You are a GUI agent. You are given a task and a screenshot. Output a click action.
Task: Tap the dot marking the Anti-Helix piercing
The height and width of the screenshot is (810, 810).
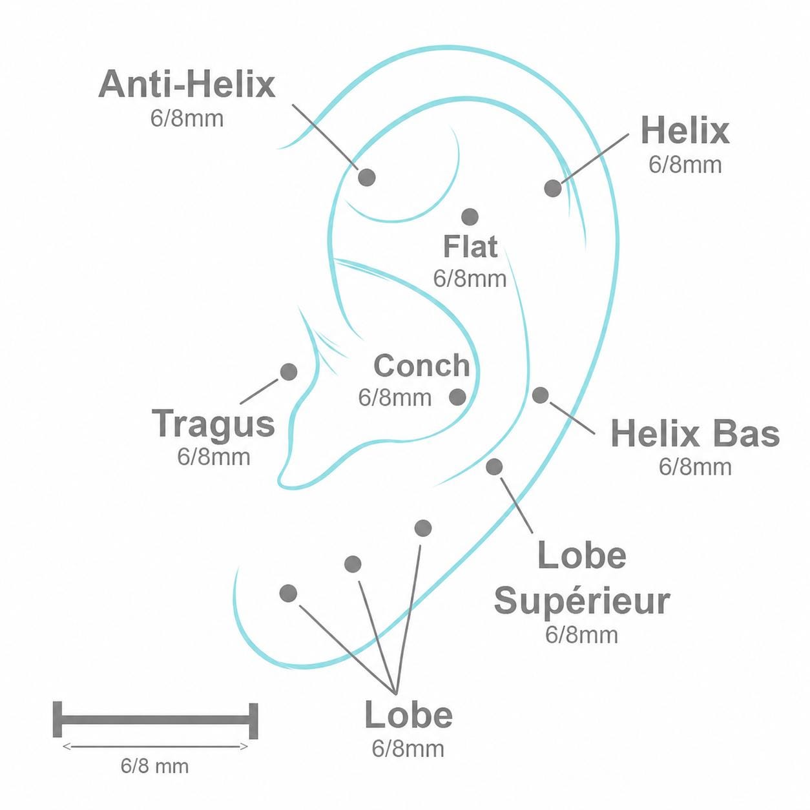[x=366, y=177]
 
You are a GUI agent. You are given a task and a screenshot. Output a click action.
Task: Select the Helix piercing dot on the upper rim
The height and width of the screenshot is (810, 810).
[x=553, y=188]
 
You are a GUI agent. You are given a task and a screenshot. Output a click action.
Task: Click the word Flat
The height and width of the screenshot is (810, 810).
[x=470, y=247]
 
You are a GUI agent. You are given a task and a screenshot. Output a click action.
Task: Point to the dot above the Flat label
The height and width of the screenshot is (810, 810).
[x=470, y=217]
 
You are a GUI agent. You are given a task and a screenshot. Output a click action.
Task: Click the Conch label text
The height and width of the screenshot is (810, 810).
[x=422, y=366]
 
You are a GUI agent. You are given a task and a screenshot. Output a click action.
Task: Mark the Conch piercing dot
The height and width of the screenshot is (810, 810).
[x=458, y=397]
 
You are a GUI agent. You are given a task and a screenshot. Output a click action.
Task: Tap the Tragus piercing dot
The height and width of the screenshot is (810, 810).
[x=289, y=371]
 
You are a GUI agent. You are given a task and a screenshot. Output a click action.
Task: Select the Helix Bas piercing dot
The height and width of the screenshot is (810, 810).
[x=541, y=395]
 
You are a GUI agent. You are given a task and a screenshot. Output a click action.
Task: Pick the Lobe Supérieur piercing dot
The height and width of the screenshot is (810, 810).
[x=494, y=466]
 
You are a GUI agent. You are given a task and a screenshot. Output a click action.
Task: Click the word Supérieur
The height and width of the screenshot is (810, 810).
[x=582, y=603]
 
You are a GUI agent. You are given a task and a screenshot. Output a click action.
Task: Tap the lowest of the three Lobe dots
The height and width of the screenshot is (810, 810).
[x=288, y=593]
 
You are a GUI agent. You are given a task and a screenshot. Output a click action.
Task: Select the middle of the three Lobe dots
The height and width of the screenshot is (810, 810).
[x=353, y=564]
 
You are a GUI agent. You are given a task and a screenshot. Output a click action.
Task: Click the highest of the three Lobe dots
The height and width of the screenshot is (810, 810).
[x=423, y=528]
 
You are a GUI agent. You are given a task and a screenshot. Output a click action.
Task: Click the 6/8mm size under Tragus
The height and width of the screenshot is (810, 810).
[x=214, y=457]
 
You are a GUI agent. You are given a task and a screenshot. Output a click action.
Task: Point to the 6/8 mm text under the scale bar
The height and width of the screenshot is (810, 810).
[x=154, y=766]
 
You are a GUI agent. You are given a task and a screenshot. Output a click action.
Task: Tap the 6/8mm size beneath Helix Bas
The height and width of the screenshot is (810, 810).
[x=695, y=467]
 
